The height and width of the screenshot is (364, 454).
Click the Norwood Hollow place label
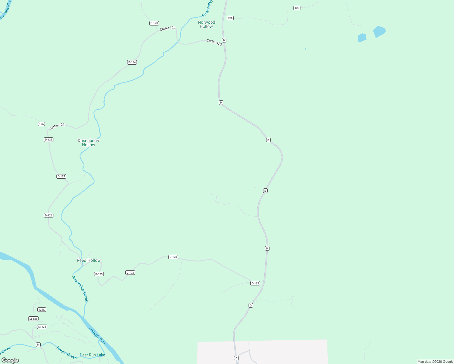pos(206,24)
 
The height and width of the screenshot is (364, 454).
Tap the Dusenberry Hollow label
pos(88,143)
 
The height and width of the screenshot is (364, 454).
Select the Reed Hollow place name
pos(89,260)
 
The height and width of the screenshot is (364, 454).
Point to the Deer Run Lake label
pos(92,355)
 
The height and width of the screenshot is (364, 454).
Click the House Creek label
pos(66,352)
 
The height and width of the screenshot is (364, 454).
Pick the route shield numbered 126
pos(42,124)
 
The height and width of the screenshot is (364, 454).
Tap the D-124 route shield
pos(132,62)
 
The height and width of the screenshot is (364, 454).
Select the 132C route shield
pos(42,310)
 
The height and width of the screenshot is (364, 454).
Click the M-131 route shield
pos(33,319)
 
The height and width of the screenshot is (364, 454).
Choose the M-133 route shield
pos(42,327)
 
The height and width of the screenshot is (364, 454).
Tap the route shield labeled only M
pos(38,345)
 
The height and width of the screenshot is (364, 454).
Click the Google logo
pos(10,360)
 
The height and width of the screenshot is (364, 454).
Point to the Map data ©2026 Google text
pos(435,362)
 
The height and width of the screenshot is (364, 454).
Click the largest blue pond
pos(379,31)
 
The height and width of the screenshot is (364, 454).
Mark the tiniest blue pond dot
pos(306,49)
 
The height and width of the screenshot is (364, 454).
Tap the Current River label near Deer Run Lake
pos(97,335)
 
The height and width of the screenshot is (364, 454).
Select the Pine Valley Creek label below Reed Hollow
pos(80,288)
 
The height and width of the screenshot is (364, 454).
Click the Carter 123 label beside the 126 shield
pos(57,126)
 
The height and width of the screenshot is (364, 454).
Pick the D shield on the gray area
pos(236,358)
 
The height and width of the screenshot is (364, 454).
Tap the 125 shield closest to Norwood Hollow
pos(230,18)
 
